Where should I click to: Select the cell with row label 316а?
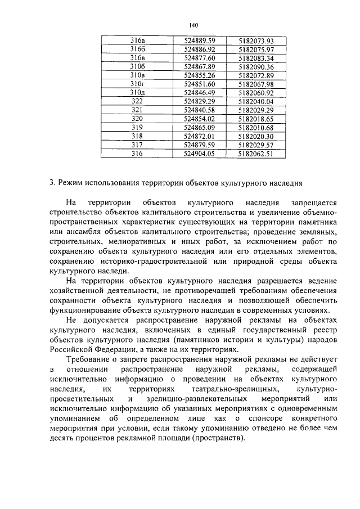138,41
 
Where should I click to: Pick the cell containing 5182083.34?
255,58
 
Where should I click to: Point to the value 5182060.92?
255,92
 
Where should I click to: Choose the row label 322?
137,101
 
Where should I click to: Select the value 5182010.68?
255,127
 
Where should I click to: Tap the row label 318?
137,136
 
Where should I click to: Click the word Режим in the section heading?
70,182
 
